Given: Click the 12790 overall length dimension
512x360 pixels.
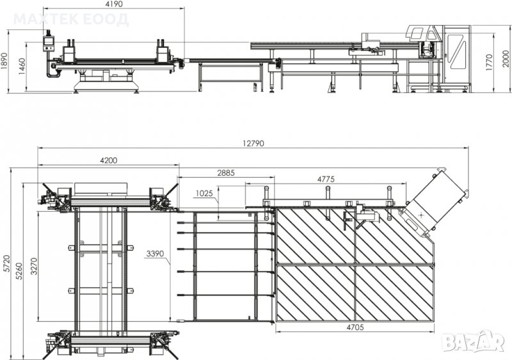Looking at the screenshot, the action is (253, 143).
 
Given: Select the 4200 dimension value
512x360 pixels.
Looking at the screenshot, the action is (108, 160).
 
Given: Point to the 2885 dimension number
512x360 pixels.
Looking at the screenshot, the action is (226, 173).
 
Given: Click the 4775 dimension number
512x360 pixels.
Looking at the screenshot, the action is (326, 179).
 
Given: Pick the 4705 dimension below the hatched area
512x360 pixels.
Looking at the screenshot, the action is (355, 327).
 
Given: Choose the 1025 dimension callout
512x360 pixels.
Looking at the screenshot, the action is (204, 194).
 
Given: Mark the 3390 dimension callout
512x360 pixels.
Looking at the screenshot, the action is (156, 254).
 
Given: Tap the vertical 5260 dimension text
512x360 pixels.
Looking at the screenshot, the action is (19, 271).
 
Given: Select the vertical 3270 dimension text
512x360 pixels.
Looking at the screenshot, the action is (34, 266).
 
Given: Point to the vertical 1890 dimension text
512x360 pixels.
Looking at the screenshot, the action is (4, 61).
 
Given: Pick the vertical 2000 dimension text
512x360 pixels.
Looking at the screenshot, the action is (506, 59).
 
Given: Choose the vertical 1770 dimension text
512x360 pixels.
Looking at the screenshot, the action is (489, 62).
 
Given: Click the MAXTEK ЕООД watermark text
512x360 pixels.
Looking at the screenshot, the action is (71, 19).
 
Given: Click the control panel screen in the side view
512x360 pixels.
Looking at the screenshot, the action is (49, 41).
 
